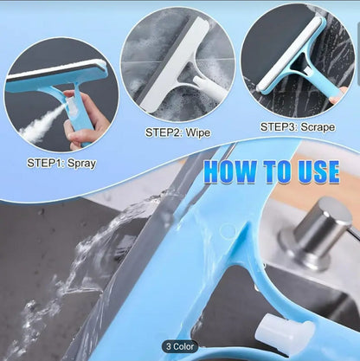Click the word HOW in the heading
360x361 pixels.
pos(227,171)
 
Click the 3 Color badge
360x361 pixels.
pos(180,345)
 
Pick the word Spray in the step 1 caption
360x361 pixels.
pos(82,162)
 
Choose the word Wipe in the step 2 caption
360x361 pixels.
pos(197,133)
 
